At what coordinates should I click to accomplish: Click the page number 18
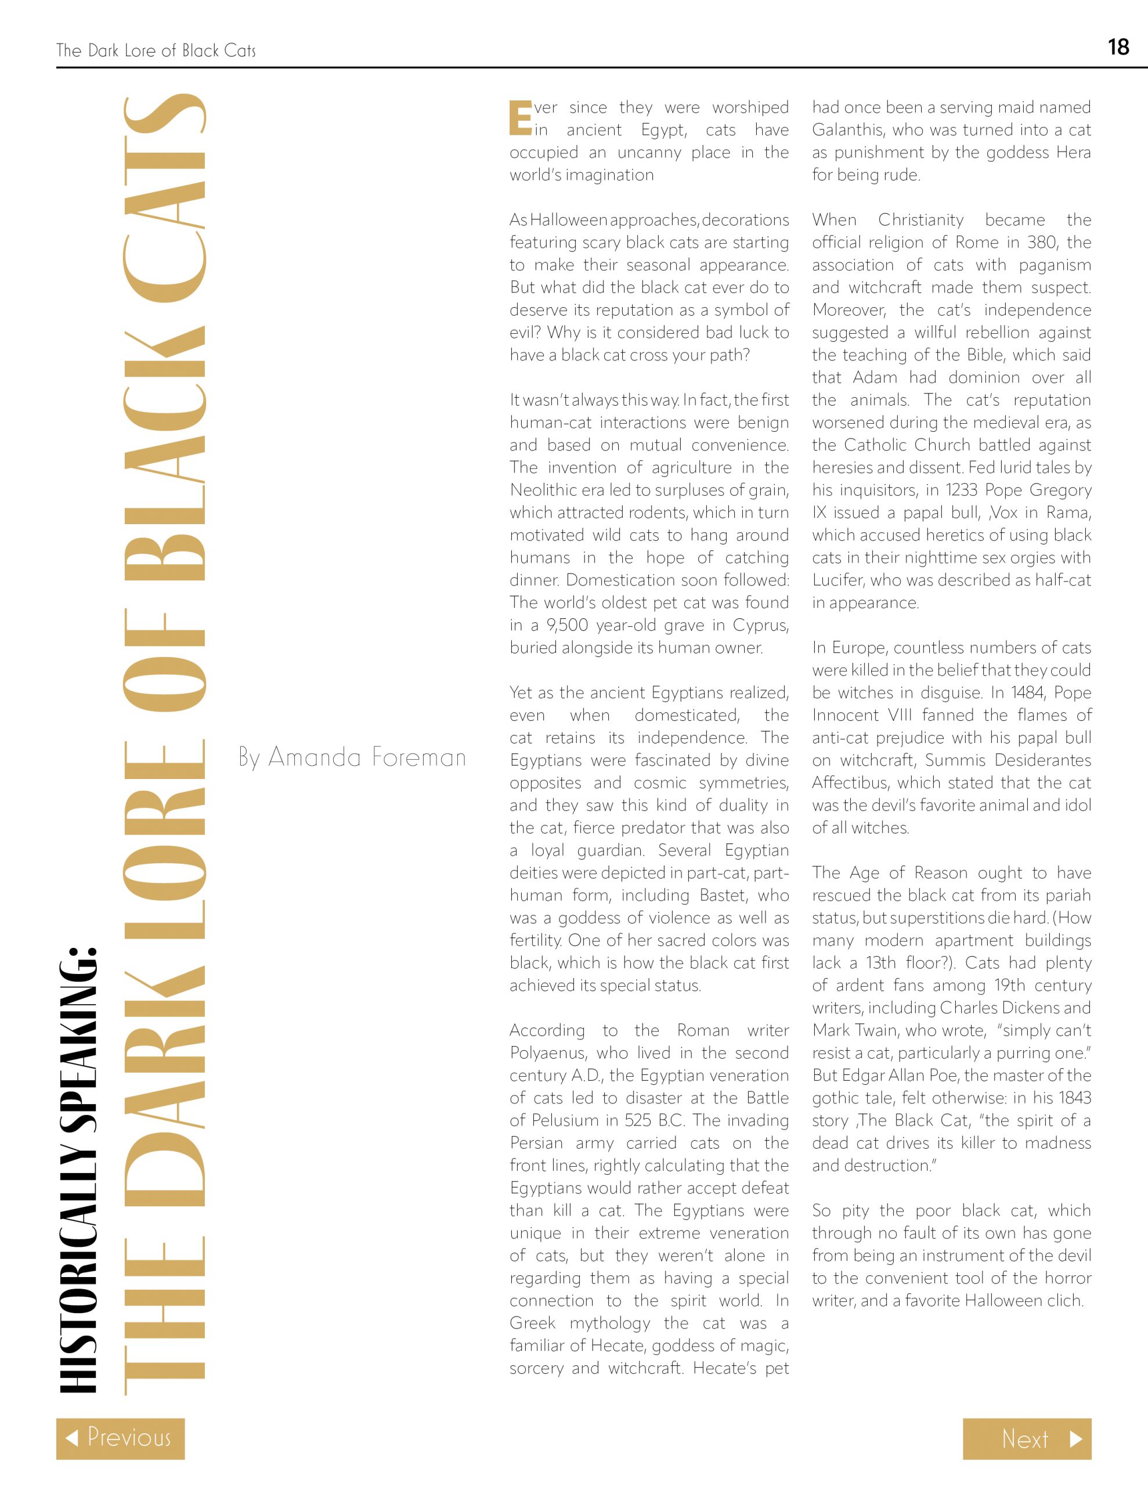[x=1118, y=47]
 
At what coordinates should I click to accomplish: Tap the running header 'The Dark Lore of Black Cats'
[x=156, y=51]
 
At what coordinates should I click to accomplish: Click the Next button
[x=1026, y=1439]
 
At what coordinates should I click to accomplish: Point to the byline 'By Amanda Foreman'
[x=352, y=758]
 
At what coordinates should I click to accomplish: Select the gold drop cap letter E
[x=521, y=118]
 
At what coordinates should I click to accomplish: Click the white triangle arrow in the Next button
[x=1075, y=1439]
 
